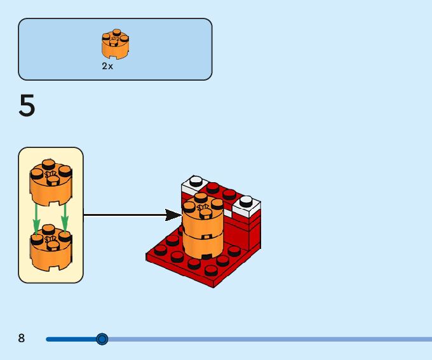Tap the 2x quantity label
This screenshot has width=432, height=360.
(107, 67)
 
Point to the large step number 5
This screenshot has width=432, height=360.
(27, 106)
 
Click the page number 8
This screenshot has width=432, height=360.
(22, 338)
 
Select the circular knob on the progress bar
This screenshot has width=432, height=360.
(102, 339)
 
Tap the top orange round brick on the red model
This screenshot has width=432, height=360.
(203, 216)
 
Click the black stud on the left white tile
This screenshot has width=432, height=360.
(196, 180)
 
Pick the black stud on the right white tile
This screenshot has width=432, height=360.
(246, 201)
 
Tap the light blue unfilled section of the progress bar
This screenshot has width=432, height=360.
(267, 339)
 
